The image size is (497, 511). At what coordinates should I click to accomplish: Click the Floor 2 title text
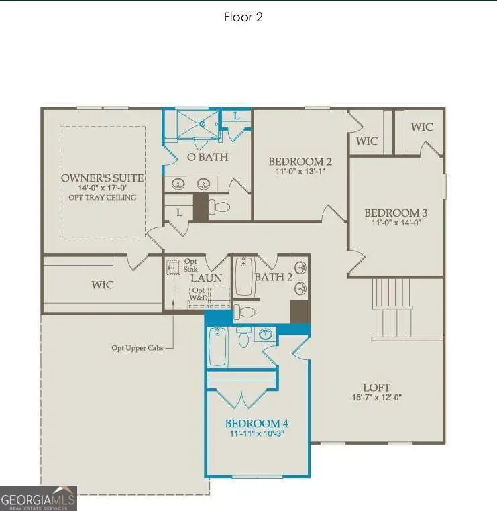(243, 17)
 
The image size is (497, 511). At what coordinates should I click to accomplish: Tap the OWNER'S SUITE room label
(102, 178)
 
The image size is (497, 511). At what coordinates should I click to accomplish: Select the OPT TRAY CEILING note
(102, 197)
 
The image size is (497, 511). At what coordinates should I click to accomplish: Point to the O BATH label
(207, 157)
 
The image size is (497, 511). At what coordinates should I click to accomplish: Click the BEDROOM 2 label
(300, 162)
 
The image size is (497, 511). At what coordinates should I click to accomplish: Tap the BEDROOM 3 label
(396, 213)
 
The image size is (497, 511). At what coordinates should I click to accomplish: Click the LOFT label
(376, 387)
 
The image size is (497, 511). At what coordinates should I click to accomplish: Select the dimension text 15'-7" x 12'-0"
(376, 398)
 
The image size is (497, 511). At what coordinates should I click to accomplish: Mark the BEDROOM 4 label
(257, 424)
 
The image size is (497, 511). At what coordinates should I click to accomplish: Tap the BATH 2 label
(273, 277)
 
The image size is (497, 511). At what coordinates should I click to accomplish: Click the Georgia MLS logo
(38, 498)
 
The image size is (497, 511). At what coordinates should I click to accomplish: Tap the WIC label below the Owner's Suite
(103, 285)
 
